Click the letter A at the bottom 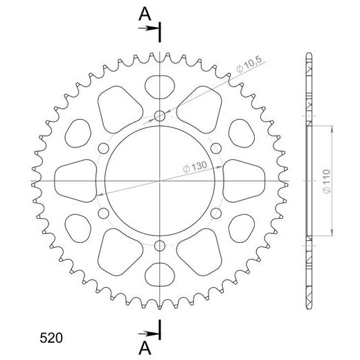coord(144,348)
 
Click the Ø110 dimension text coord(342,181)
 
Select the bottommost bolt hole coord(161,245)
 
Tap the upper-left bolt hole coord(104,147)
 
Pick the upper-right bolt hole coord(217,147)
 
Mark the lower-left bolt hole coord(104,213)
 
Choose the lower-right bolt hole coord(217,213)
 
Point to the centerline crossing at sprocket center coord(161,180)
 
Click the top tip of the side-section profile coord(307,53)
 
